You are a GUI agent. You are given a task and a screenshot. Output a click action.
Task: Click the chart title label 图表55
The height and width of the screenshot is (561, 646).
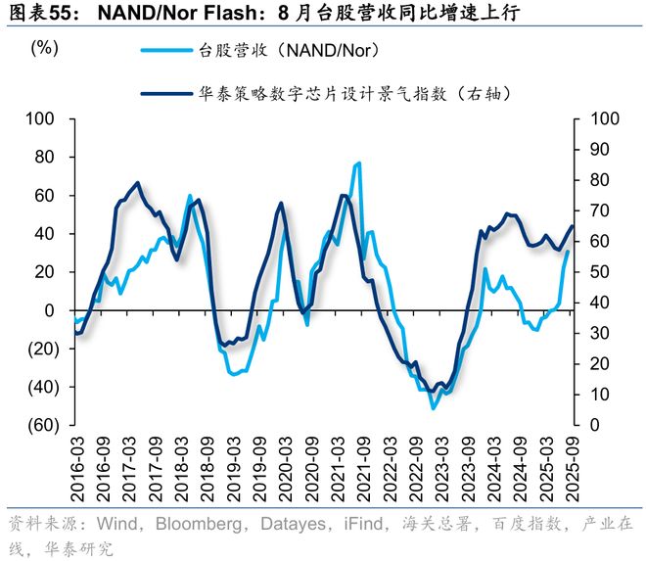tap(39, 13)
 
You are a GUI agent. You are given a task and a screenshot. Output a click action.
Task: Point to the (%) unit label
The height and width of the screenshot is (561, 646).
tap(45, 48)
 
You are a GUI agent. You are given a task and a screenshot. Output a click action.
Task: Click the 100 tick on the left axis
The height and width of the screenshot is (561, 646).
tap(48, 119)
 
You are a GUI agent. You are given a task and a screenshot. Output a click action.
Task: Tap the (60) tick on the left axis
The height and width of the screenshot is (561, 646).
tap(45, 426)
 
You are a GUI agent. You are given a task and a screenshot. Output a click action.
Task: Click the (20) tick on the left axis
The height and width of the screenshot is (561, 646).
tap(45, 350)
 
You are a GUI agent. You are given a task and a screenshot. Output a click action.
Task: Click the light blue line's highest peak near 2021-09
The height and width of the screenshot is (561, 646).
tap(358, 164)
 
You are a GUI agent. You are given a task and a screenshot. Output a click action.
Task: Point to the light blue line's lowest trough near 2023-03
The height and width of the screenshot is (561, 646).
tap(433, 408)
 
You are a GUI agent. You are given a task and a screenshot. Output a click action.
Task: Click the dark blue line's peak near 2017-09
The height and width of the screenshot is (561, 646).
tap(137, 183)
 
